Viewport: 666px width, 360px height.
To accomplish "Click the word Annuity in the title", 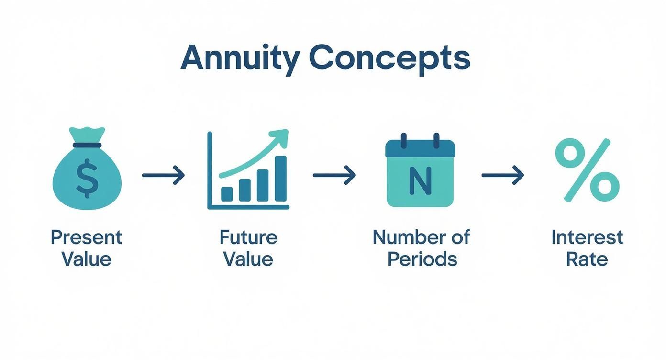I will click(x=240, y=59).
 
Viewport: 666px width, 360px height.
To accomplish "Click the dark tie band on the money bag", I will click(x=86, y=145).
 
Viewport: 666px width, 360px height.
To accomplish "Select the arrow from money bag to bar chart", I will click(x=163, y=175).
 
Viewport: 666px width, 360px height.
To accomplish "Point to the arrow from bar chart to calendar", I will click(x=334, y=175).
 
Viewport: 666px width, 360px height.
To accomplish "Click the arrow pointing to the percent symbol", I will click(x=503, y=175).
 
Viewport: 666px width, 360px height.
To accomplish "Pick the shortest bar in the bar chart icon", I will click(x=227, y=194).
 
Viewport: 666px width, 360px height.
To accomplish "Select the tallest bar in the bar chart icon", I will click(x=281, y=179).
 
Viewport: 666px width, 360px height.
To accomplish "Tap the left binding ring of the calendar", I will click(x=403, y=141).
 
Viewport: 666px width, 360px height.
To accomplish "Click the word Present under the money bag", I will click(x=87, y=237).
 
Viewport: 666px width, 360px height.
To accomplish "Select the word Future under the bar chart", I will click(x=248, y=237).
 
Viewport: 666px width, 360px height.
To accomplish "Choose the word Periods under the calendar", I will click(x=422, y=259).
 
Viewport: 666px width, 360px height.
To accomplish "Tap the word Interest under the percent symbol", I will click(x=587, y=237).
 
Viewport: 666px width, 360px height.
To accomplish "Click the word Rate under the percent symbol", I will click(x=587, y=259).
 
